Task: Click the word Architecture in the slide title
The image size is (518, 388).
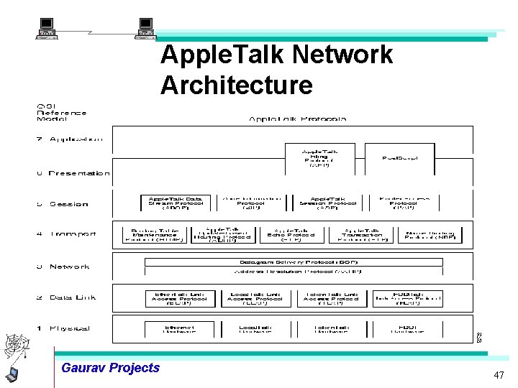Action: [237, 85]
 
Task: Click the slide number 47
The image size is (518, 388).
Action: [499, 376]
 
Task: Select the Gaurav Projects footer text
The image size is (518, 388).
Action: [111, 368]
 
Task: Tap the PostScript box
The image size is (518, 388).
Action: [399, 158]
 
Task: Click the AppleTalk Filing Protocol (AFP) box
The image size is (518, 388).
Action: [319, 158]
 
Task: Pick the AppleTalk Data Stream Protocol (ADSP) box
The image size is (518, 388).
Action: [176, 203]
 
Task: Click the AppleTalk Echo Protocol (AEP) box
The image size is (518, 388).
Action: [290, 234]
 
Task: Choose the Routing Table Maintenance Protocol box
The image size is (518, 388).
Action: [155, 234]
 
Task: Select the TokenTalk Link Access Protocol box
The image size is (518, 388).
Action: [331, 298]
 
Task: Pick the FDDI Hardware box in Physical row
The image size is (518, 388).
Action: [407, 328]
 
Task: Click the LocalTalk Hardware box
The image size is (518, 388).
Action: [255, 328]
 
